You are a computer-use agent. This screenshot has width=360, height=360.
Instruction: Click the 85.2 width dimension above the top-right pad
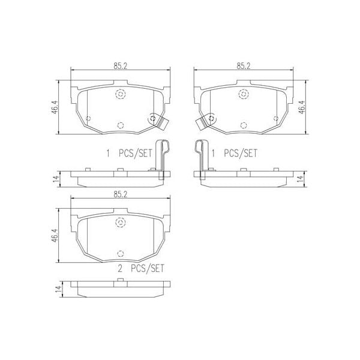244,66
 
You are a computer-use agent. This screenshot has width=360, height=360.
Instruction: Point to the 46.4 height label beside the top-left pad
55,107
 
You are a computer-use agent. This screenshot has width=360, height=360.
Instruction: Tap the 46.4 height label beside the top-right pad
301,107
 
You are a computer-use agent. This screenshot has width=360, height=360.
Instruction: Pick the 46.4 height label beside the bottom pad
55,234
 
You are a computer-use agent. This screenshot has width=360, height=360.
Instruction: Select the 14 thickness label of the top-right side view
301,178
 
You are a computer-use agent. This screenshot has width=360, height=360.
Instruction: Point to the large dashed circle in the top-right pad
243,94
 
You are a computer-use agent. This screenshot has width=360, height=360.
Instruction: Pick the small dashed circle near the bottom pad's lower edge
120,251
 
